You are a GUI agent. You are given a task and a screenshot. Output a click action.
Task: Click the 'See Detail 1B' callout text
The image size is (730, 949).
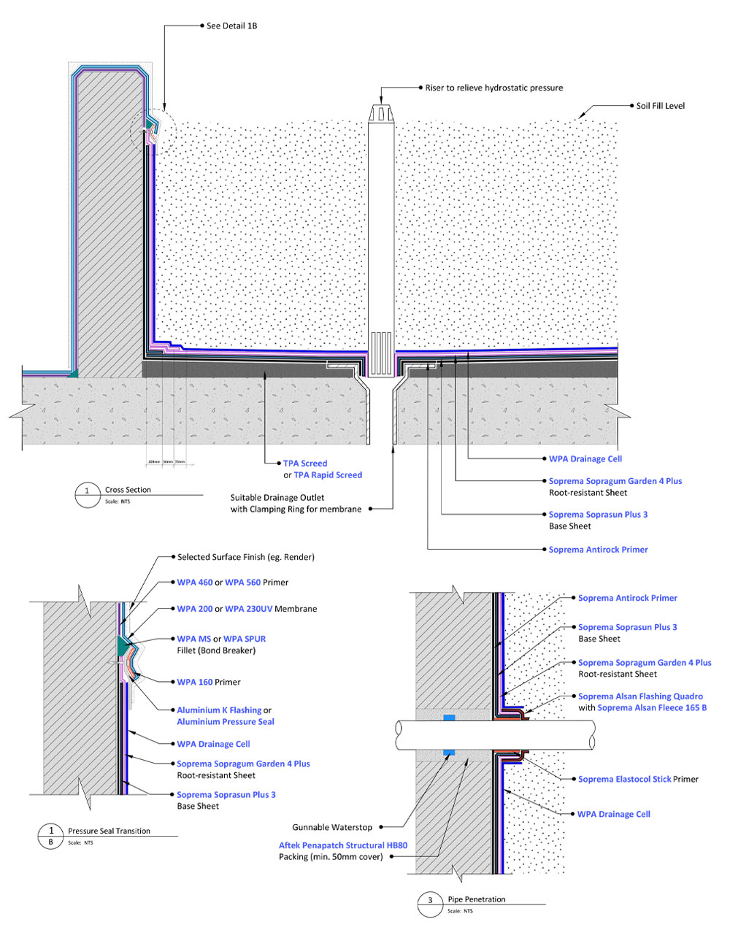[x=231, y=26]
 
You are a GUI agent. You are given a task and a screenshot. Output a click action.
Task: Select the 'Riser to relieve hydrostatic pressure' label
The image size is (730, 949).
[x=494, y=88]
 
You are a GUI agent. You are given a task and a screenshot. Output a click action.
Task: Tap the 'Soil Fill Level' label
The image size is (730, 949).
[x=660, y=106]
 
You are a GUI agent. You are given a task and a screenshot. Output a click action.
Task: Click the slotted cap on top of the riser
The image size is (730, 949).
[x=381, y=113]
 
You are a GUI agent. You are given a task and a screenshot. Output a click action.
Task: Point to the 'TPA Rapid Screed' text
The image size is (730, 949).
[x=328, y=475]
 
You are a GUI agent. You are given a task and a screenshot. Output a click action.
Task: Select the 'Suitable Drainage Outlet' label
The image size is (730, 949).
[x=277, y=498]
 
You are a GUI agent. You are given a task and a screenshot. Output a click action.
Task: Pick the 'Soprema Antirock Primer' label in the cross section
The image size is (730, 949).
[x=598, y=550]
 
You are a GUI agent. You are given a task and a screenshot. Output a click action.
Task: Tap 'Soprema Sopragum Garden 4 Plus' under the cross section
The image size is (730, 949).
[x=615, y=481]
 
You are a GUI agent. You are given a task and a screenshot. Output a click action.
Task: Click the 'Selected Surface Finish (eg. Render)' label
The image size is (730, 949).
[x=245, y=557]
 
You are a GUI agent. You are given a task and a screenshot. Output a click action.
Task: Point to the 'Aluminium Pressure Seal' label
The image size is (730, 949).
[x=226, y=722]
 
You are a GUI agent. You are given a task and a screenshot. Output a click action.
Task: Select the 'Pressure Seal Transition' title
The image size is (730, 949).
[x=109, y=831]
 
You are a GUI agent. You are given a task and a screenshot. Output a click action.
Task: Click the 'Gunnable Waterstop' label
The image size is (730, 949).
[x=332, y=827]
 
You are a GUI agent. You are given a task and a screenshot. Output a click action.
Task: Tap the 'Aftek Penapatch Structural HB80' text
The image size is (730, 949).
[x=343, y=845]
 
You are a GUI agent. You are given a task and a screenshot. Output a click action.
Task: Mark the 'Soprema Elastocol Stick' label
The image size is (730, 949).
[x=624, y=779]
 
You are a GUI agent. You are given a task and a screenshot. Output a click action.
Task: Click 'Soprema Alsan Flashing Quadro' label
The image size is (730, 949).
[x=640, y=696]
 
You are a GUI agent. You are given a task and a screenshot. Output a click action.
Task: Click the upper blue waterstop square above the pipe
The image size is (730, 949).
[x=449, y=718]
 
